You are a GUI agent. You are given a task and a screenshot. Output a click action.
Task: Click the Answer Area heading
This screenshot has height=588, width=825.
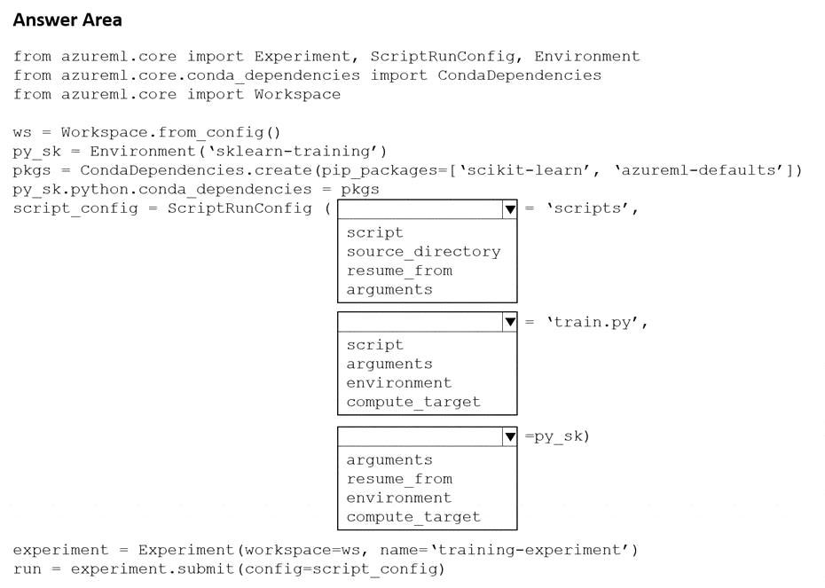pos(67,20)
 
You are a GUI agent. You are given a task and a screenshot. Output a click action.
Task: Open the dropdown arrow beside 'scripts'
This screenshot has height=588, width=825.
pos(510,209)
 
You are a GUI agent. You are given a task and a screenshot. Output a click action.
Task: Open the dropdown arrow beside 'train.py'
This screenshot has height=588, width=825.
pos(510,322)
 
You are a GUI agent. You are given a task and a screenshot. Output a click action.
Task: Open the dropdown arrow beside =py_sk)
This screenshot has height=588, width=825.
pos(510,436)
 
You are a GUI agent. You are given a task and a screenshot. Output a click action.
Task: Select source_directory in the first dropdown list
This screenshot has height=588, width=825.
pos(423,252)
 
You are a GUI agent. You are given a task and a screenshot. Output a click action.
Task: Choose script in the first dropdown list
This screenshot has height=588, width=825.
pos(375,232)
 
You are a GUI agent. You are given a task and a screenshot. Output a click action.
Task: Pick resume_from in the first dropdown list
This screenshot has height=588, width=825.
pos(399,270)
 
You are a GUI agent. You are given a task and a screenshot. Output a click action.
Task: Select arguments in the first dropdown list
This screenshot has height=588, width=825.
pos(389,290)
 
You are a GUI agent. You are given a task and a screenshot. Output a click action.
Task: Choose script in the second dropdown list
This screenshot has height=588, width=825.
pos(375,345)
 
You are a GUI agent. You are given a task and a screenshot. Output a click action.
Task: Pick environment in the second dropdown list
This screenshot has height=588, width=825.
pos(399,383)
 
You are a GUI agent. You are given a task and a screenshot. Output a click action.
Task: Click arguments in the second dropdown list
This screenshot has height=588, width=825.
pos(389,364)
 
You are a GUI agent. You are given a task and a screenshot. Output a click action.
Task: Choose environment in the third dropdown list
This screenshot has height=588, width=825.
pos(399,498)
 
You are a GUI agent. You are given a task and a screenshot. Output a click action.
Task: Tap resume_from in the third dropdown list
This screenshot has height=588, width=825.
pos(399,479)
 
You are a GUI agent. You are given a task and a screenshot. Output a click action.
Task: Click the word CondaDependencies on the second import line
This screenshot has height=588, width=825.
pos(519,75)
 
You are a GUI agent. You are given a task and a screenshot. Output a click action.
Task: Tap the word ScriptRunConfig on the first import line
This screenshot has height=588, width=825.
pos(443,57)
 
